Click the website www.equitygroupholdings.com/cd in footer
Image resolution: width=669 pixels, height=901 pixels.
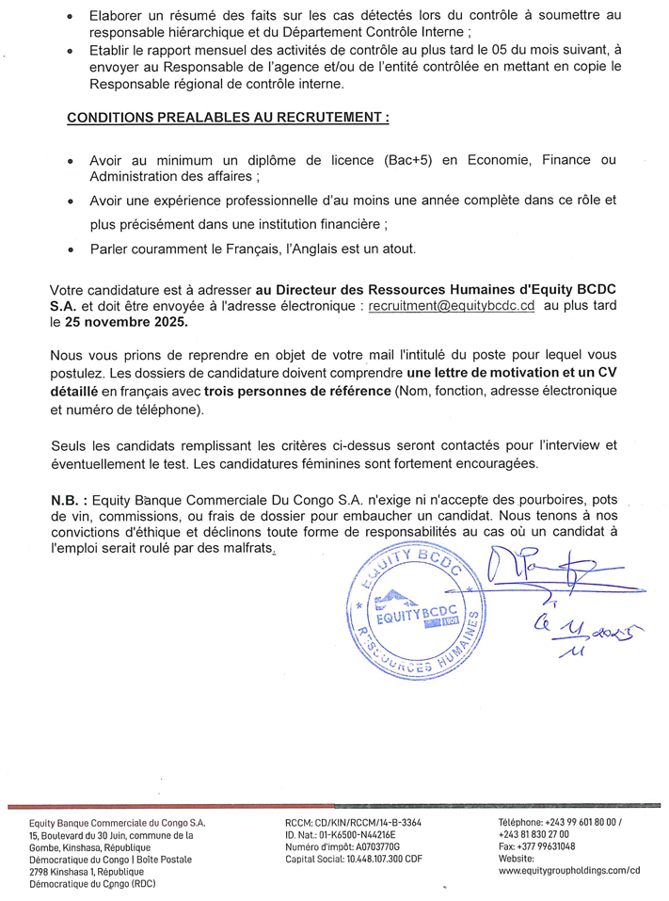point(569,871)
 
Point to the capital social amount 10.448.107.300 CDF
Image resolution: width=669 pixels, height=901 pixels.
point(380,859)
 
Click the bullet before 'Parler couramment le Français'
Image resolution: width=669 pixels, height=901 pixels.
point(71,250)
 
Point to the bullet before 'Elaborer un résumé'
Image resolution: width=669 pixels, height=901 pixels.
point(71,17)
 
